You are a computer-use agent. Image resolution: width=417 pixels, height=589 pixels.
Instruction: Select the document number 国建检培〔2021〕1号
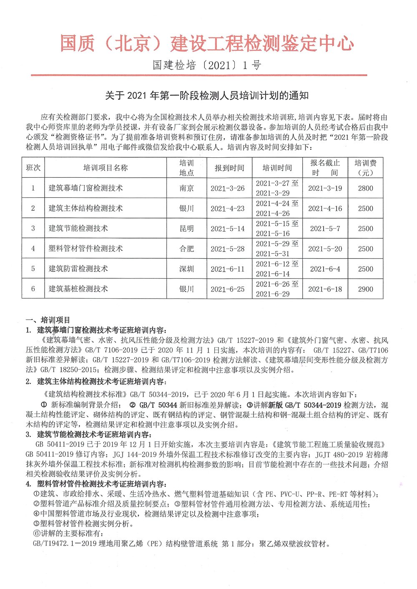point(207,65)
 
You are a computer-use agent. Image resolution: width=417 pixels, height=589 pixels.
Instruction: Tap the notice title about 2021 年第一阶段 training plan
point(207,96)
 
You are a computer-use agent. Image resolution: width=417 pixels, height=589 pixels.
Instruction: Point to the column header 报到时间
point(229,168)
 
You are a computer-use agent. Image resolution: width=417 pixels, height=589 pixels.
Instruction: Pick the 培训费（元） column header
point(365,168)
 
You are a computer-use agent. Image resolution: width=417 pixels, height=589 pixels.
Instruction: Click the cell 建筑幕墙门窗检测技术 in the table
point(86,188)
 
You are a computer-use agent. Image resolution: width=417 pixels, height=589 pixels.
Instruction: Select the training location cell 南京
point(186,188)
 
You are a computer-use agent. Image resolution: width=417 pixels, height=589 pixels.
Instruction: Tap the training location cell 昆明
point(186,229)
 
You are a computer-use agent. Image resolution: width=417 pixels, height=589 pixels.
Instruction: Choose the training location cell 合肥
point(186,249)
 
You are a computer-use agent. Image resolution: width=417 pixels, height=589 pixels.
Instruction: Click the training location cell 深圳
point(186,269)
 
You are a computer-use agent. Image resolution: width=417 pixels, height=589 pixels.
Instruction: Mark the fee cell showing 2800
point(365,188)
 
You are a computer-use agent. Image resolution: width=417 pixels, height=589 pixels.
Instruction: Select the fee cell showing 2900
point(365,289)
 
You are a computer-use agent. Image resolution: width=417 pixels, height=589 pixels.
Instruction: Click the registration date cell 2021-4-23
point(227,209)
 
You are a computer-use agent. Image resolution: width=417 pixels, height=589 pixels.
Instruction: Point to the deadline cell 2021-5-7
point(325,229)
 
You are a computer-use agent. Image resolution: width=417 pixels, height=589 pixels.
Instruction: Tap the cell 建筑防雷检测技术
point(78,269)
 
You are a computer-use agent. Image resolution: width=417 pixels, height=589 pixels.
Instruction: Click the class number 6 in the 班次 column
point(33,289)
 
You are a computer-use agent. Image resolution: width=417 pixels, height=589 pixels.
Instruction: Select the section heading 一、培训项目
point(48,320)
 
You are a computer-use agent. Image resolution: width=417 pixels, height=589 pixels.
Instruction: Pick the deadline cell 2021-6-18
point(325,289)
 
